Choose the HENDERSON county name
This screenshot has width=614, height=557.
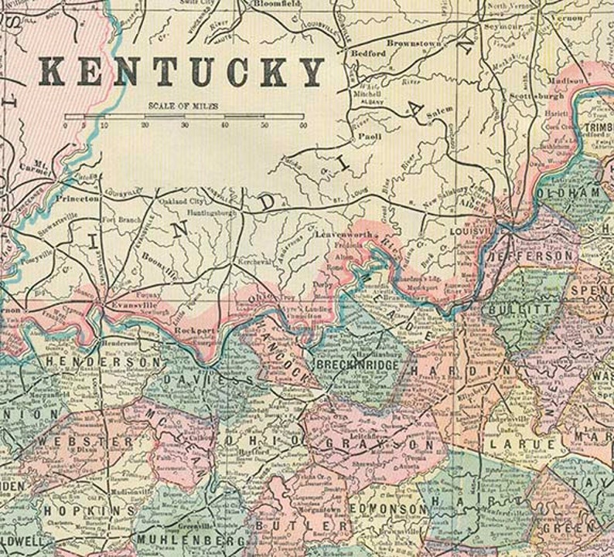[104, 361]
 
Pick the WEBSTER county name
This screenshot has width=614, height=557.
[84, 441]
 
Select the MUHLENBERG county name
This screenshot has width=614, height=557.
[182, 538]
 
